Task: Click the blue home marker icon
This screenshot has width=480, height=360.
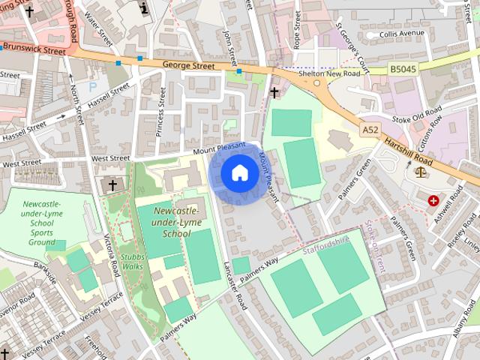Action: click(239, 173)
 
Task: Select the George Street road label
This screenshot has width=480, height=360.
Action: click(183, 66)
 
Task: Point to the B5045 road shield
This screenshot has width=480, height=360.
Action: click(403, 69)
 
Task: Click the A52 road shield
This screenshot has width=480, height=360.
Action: click(370, 130)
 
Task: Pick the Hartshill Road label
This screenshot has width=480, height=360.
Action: click(410, 146)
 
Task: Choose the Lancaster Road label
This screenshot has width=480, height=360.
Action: click(235, 284)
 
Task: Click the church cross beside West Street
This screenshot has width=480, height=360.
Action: click(113, 184)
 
